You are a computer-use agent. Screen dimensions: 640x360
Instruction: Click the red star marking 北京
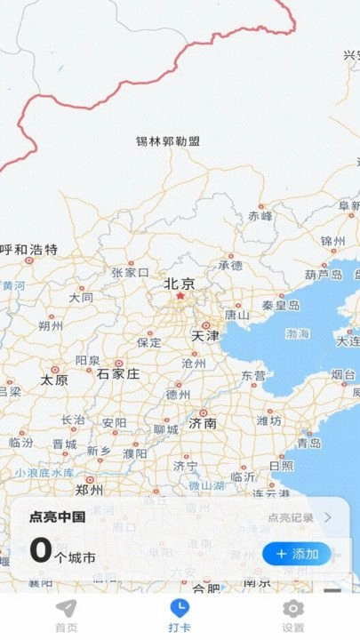pyautogui.click(x=179, y=296)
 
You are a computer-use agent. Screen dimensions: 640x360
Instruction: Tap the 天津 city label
pyautogui.click(x=204, y=337)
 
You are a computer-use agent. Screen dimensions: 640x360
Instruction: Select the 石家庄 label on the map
pyautogui.click(x=118, y=373)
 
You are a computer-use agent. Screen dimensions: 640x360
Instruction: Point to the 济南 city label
pyautogui.click(x=203, y=424)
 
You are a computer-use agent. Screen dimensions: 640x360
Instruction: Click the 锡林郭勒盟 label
pyautogui.click(x=168, y=141)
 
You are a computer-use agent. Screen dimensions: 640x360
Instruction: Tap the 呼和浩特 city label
pyautogui.click(x=29, y=250)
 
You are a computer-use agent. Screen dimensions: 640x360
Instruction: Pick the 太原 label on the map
pyautogui.click(x=54, y=380)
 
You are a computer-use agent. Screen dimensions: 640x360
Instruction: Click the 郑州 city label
pyautogui.click(x=89, y=490)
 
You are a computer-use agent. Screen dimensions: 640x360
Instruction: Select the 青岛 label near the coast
pyautogui.click(x=308, y=443)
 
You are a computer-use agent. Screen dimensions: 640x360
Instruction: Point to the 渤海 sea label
pyautogui.click(x=298, y=334)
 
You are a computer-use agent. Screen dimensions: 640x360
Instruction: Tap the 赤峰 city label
pyautogui.click(x=260, y=215)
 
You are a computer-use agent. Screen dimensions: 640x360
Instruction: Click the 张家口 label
pyautogui.click(x=130, y=273)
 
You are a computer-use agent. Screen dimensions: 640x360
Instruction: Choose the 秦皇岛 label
pyautogui.click(x=281, y=305)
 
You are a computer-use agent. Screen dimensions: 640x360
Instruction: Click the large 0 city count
pyautogui.click(x=41, y=550)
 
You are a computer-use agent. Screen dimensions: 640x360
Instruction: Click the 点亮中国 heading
pyautogui.click(x=57, y=517)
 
